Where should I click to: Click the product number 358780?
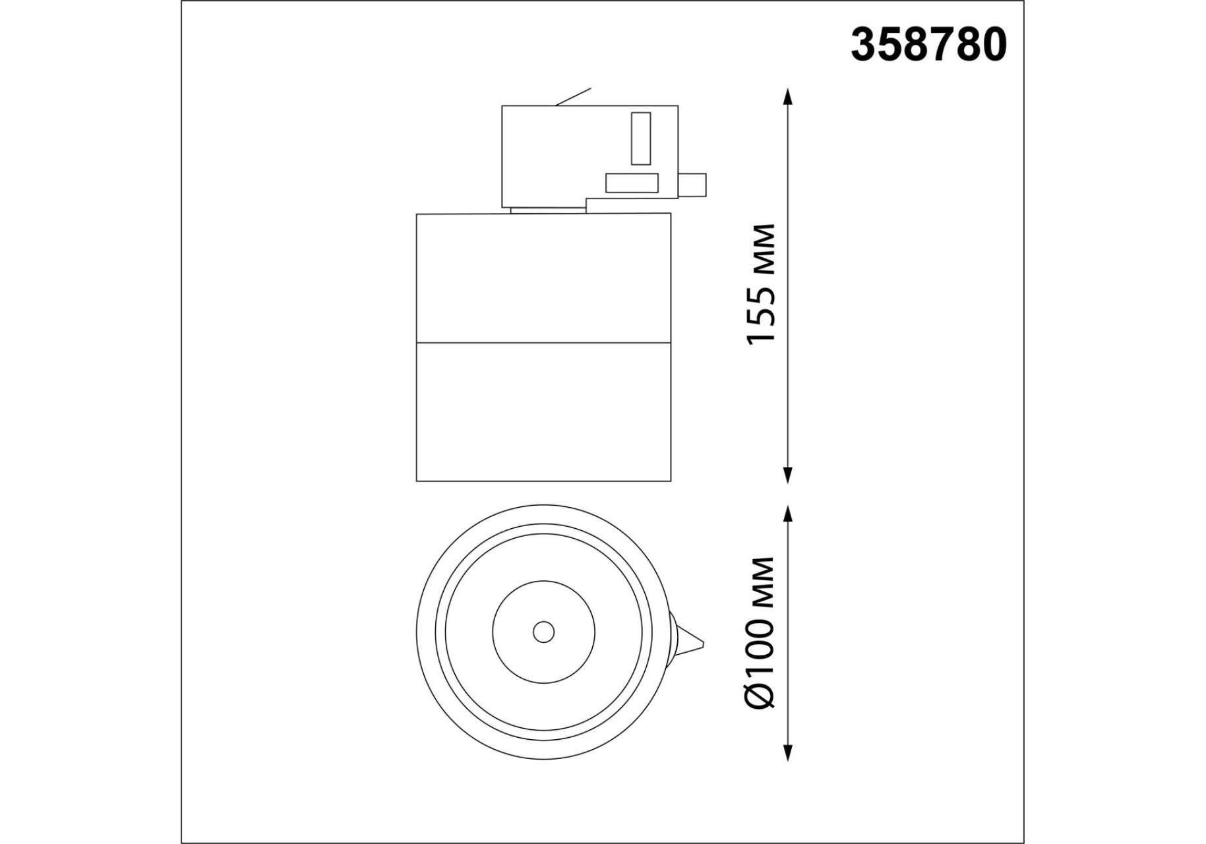[x=928, y=45]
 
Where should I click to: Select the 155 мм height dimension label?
[x=762, y=284]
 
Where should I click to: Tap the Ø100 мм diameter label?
[x=762, y=632]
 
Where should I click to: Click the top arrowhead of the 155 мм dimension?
[x=787, y=97]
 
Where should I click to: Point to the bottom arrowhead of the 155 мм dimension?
[x=787, y=475]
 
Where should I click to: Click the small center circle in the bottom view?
[x=543, y=632]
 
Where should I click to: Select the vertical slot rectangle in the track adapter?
[x=641, y=138]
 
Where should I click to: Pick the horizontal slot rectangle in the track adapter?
[x=632, y=183]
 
